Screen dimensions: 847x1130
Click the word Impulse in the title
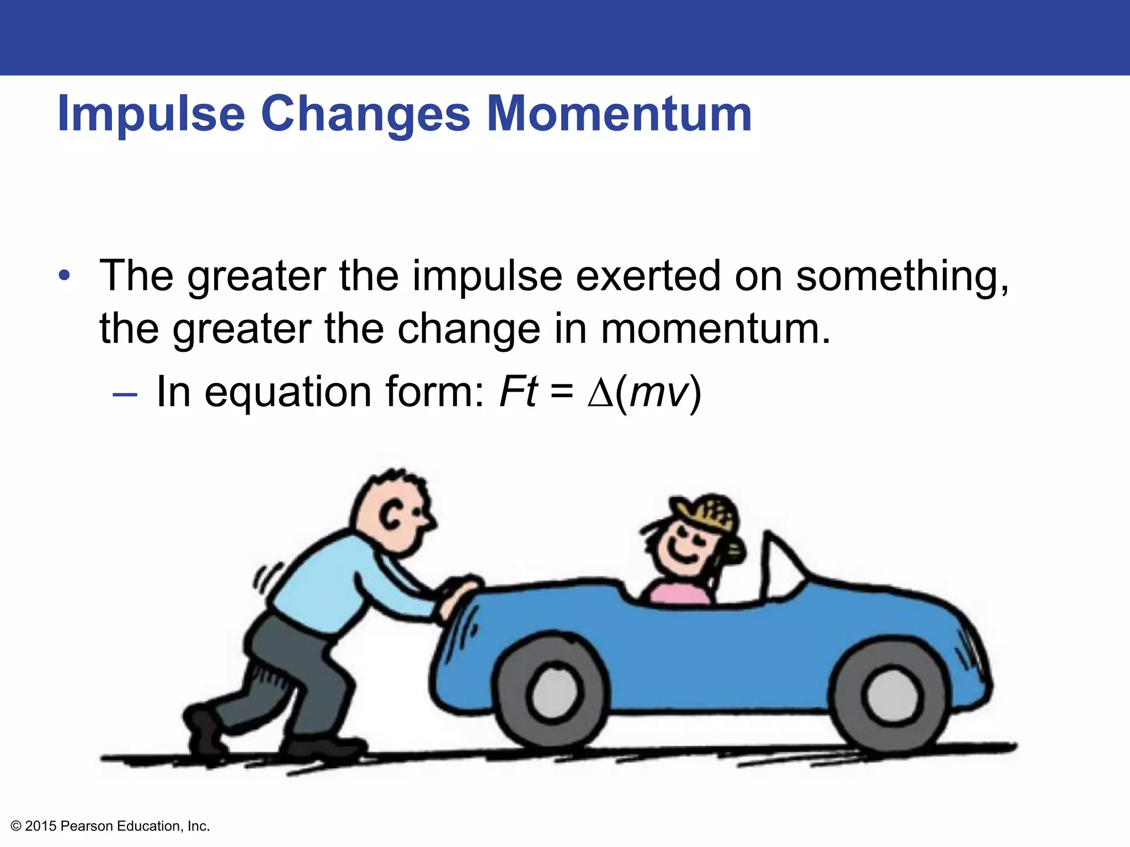tap(151, 115)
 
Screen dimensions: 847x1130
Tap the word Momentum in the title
tap(619, 114)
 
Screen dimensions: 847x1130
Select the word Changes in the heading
tap(365, 115)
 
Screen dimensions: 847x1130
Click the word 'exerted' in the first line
tap(648, 276)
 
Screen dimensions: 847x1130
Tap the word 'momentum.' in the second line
tap(715, 329)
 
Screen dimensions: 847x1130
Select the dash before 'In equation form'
tap(124, 394)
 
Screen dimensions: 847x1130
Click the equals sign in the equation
tap(562, 393)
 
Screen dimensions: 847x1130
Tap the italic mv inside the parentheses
tap(659, 393)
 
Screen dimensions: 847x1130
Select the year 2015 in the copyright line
tap(41, 826)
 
